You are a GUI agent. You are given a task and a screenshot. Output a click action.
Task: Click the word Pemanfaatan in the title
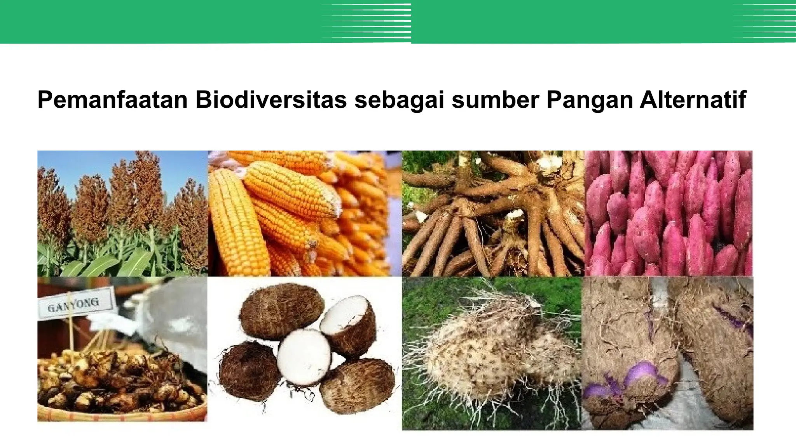(x=113, y=100)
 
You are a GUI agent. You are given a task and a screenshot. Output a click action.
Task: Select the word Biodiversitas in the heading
(x=271, y=100)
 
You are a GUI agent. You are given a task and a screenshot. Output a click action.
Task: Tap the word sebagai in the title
(x=399, y=100)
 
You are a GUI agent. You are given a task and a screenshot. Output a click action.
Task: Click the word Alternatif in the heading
(x=693, y=100)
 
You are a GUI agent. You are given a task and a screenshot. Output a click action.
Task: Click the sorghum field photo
(x=122, y=213)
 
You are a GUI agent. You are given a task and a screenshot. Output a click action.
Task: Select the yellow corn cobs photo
(x=304, y=213)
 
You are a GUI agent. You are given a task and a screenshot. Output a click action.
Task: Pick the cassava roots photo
(x=492, y=213)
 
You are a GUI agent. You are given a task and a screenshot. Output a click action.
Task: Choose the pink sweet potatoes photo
(x=668, y=213)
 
